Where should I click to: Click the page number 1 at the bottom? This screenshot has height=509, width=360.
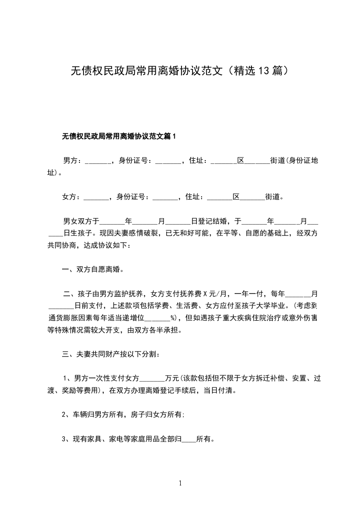tap(180, 483)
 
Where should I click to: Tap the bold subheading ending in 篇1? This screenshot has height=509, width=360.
tap(119, 136)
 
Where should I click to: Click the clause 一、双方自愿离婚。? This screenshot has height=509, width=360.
tap(93, 269)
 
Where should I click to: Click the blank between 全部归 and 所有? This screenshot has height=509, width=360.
tap(189, 440)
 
